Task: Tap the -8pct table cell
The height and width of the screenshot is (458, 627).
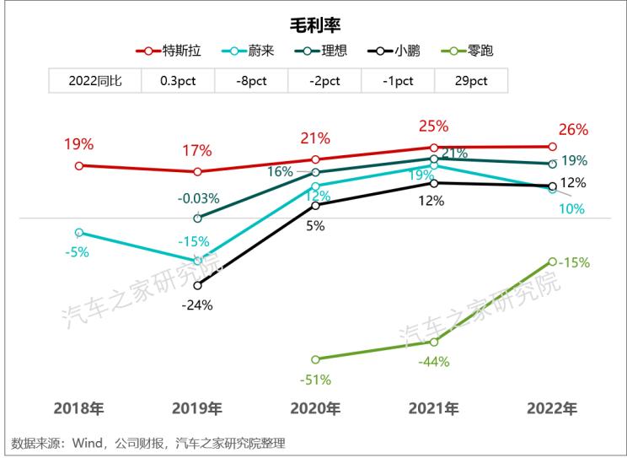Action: click(x=250, y=81)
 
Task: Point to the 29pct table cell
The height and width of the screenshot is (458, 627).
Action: click(x=471, y=81)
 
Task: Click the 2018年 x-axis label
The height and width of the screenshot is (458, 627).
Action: click(x=79, y=409)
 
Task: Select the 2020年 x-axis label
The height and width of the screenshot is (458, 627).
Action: click(x=315, y=409)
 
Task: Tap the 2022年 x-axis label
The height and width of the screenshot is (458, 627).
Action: click(x=552, y=409)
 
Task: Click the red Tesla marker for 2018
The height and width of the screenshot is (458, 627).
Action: click(x=79, y=165)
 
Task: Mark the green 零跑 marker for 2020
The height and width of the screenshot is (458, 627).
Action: click(x=316, y=359)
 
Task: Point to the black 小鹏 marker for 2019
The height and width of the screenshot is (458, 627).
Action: click(x=197, y=285)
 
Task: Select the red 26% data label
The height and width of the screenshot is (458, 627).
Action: click(x=573, y=130)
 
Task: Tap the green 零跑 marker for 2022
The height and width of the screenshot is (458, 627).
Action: click(x=552, y=261)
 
